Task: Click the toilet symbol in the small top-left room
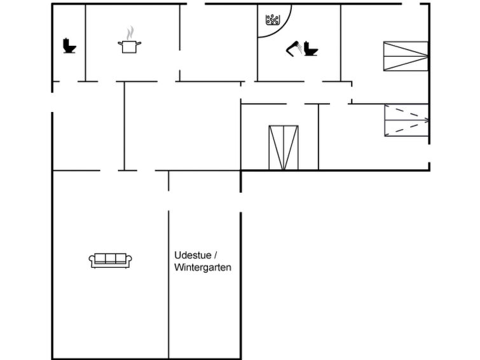69,46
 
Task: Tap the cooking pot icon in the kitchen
130,46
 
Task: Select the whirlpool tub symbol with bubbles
272,20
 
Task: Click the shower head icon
294,49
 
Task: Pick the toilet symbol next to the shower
311,48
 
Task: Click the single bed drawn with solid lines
406,57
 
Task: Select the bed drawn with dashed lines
406,120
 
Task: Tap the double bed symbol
284,148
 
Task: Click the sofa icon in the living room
110,260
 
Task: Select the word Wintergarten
203,268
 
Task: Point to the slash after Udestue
216,255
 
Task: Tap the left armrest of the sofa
92,261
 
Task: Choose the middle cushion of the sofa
110,258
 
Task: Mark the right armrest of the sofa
129,261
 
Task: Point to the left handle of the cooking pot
120,43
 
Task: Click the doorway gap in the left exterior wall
52,102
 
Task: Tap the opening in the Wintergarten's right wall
241,202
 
